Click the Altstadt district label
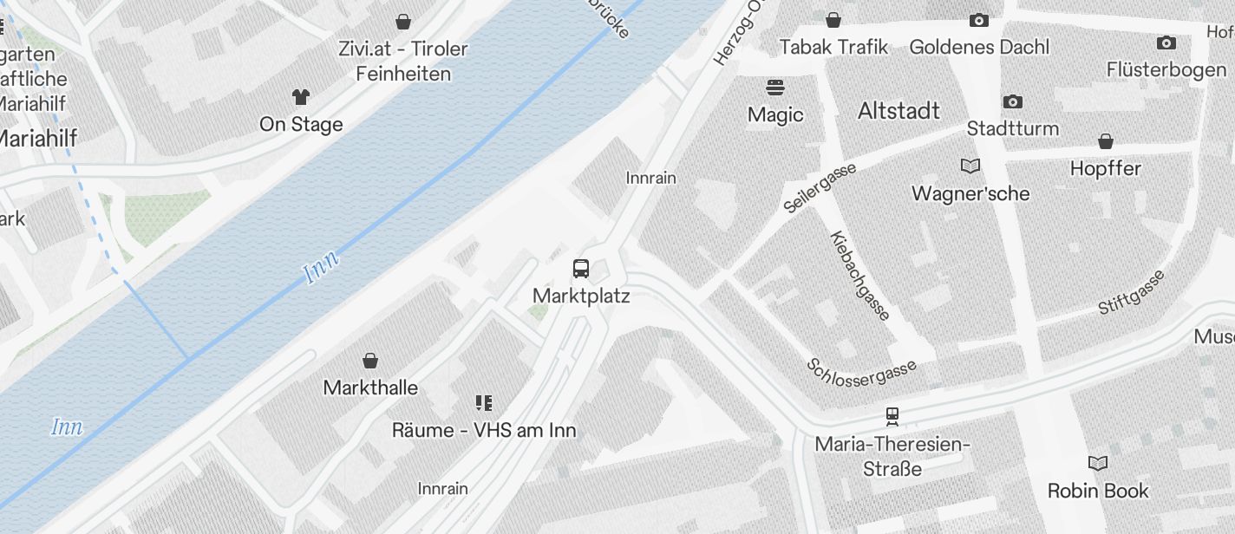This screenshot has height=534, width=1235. click(898, 111)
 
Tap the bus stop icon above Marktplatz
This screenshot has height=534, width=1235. click(581, 269)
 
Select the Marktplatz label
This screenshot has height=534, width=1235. click(581, 296)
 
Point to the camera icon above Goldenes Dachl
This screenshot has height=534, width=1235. click(979, 20)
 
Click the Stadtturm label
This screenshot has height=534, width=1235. click(1012, 128)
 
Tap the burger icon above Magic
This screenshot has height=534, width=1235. click(775, 88)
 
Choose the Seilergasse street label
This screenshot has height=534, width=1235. click(820, 187)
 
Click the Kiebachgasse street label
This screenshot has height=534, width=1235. click(859, 276)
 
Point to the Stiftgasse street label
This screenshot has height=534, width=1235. click(1131, 292)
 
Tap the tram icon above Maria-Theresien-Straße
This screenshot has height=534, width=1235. click(892, 416)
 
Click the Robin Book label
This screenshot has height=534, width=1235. click(1098, 491)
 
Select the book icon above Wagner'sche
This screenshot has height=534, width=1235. click(970, 166)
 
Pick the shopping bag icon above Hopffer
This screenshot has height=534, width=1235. click(1105, 141)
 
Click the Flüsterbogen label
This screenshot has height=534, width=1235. click(1166, 69)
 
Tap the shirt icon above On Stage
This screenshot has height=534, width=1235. click(301, 96)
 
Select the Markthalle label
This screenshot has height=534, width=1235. click(370, 387)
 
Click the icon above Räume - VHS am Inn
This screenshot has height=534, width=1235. click(484, 402)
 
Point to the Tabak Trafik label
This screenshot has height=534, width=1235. click(833, 47)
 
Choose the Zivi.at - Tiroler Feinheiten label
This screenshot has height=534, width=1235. click(403, 61)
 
